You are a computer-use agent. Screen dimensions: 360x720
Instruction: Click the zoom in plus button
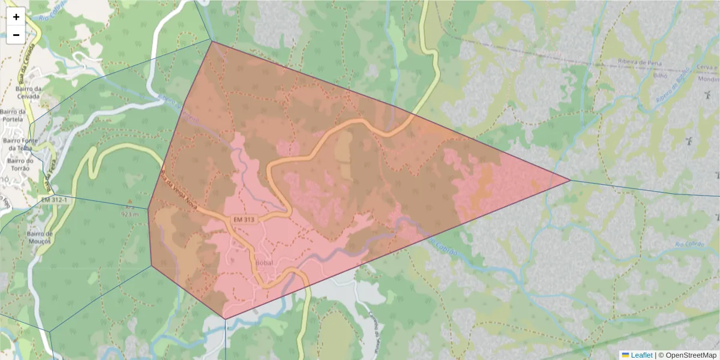click(x=16, y=17)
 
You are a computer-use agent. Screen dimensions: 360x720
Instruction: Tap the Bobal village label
click(x=264, y=263)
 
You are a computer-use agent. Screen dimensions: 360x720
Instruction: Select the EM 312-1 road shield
click(x=52, y=199)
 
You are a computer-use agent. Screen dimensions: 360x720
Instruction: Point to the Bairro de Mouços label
click(x=40, y=237)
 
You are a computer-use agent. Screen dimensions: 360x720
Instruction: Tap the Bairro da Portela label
click(x=13, y=115)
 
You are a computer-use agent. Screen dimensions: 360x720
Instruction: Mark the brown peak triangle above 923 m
click(x=129, y=201)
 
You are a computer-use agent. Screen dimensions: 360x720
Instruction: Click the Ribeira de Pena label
click(x=639, y=62)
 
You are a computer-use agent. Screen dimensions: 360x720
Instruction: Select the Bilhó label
click(x=659, y=77)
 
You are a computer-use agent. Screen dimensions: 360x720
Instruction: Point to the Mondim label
click(x=709, y=79)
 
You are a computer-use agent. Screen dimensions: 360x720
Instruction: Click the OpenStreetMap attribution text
click(x=690, y=355)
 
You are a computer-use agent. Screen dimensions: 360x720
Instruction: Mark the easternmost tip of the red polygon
click(x=569, y=179)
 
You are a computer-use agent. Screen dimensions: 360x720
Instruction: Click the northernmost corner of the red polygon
click(x=212, y=41)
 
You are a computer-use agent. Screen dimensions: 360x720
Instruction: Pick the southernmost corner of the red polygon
click(x=224, y=319)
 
